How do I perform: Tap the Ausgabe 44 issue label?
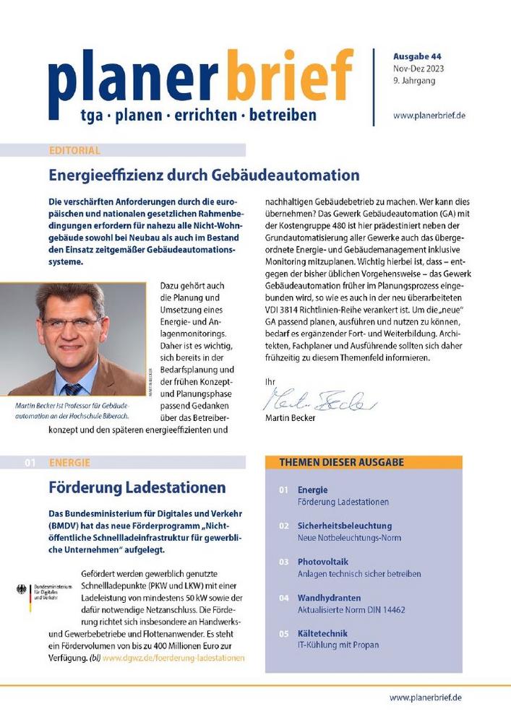coord(417,56)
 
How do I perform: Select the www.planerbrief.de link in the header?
coord(429,115)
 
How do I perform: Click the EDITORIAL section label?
coord(74,151)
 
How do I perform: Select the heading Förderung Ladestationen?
coord(137,487)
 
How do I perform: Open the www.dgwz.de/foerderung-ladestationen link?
coord(173,658)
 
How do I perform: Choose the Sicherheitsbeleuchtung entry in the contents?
coord(344,526)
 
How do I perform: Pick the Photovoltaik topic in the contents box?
coord(323,562)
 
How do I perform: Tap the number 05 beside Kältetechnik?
coord(284,634)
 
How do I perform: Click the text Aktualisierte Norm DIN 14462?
coord(351,610)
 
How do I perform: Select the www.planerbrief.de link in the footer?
coord(426,697)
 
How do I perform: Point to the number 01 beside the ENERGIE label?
coord(30,463)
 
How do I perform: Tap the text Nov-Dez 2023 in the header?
coord(419,69)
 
